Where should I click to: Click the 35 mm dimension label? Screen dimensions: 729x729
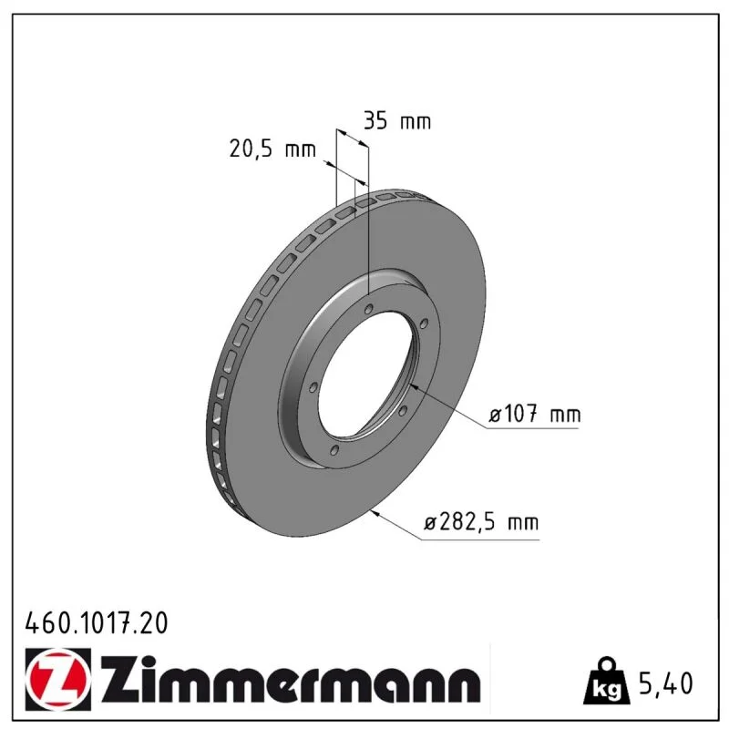click(x=397, y=121)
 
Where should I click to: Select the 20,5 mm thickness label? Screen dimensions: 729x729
click(x=272, y=149)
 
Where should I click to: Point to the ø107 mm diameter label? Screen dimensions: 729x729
click(x=534, y=414)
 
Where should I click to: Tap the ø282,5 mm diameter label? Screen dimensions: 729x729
click(x=481, y=522)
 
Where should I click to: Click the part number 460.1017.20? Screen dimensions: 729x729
click(x=97, y=623)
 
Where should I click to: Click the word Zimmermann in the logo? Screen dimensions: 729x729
click(x=290, y=679)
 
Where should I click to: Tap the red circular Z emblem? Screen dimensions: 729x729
click(x=58, y=679)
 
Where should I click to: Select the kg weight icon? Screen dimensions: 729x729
click(x=606, y=681)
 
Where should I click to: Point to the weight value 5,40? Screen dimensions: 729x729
click(x=666, y=683)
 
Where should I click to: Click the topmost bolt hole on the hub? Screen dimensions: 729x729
click(x=369, y=309)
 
